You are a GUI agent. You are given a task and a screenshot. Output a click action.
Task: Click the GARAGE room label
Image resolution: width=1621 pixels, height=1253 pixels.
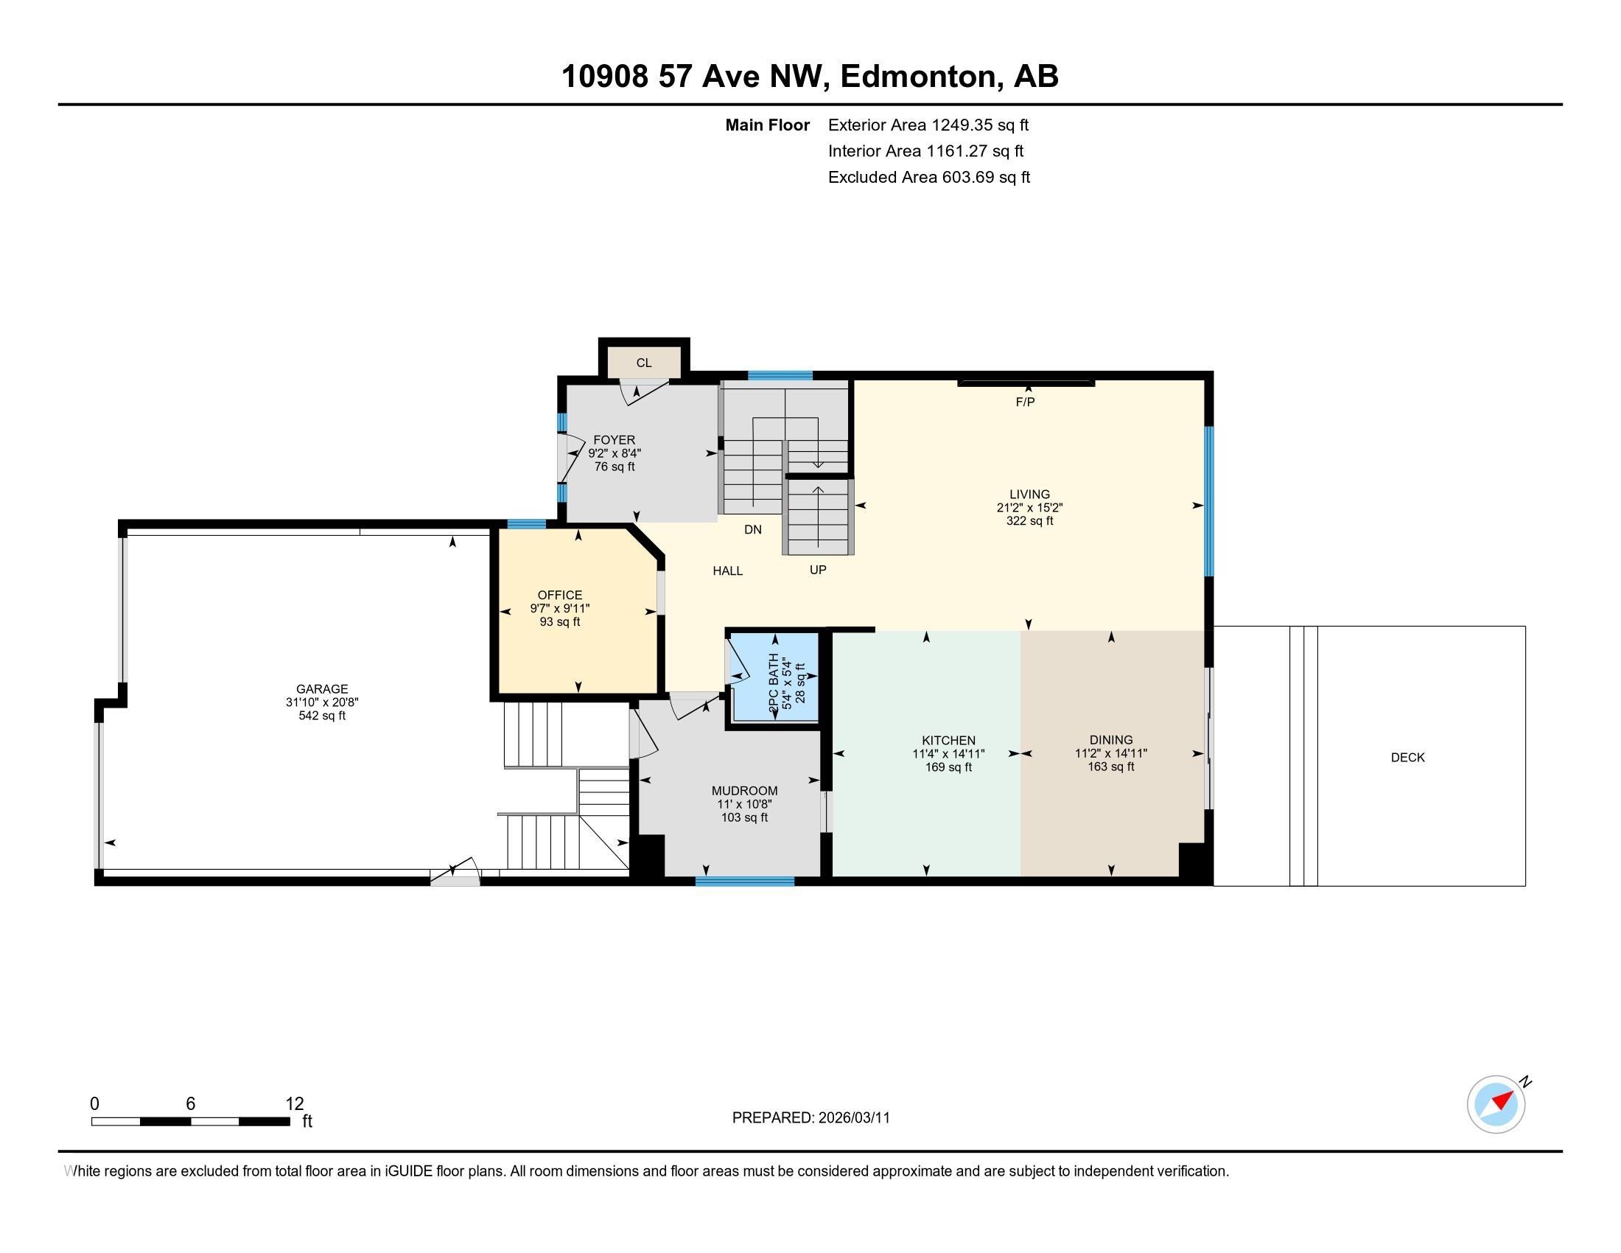321,689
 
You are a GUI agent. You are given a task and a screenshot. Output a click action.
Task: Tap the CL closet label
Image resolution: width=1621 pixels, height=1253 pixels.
643,363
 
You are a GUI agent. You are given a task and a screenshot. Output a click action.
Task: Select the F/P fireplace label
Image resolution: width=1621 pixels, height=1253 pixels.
1025,402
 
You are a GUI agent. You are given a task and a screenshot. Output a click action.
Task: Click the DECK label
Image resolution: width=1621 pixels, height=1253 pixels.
1407,757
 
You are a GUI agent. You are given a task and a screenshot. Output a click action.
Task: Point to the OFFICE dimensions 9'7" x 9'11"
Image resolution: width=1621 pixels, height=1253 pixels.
560,609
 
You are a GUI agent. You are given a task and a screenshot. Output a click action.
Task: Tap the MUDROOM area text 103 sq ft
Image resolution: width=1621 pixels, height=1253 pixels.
744,817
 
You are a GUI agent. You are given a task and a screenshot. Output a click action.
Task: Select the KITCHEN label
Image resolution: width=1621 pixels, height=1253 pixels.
948,740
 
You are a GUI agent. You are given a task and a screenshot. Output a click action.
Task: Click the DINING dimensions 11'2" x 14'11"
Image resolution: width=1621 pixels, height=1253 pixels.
1110,753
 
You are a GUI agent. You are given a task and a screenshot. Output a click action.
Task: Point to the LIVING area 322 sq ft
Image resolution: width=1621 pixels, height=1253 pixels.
1029,521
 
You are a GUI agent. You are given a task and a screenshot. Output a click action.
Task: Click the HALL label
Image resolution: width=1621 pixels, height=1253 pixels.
727,570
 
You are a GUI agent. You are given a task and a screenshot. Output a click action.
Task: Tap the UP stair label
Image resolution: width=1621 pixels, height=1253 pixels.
817,570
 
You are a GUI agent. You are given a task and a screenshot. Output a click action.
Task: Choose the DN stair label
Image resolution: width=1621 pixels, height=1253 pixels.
752,530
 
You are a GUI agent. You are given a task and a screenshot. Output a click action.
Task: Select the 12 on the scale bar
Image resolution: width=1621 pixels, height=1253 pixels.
295,1104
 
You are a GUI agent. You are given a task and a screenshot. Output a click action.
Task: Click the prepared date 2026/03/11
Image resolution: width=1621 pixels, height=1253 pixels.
853,1118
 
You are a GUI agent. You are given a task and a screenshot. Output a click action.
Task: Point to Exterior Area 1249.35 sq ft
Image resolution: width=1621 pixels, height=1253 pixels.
928,125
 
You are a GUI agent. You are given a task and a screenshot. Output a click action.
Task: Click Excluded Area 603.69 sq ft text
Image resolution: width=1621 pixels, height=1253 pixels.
928,178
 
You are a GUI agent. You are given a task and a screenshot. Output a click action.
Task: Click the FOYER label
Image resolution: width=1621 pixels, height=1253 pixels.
614,440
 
